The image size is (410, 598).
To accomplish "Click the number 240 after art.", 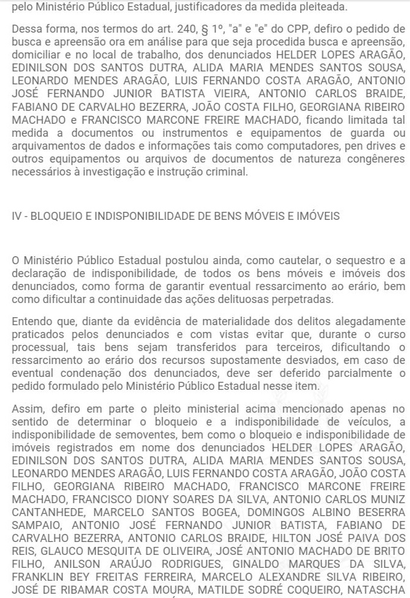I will [157, 30].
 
